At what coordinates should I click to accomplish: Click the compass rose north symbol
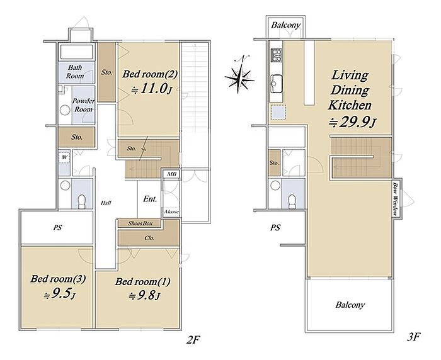point(240,75)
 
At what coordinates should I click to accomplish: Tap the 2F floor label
point(193,340)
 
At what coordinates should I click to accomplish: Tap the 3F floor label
point(414,336)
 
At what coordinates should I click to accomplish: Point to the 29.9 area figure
point(353,122)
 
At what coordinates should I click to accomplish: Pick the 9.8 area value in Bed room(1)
point(144,295)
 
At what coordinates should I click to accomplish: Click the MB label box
point(171,174)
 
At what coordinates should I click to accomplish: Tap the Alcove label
point(171,211)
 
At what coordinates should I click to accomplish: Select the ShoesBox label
point(140,223)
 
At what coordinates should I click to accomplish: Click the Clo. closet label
point(149,238)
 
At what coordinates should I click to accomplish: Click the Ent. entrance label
point(150,199)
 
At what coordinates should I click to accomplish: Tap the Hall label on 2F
point(106,203)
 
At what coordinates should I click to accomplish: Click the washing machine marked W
point(64,157)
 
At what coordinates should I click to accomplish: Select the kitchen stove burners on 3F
point(276,55)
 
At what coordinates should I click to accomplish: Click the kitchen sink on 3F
point(276,83)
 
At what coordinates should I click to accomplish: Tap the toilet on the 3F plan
point(292,201)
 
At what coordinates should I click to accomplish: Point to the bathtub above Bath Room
point(76,52)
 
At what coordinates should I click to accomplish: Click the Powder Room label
point(83,105)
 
